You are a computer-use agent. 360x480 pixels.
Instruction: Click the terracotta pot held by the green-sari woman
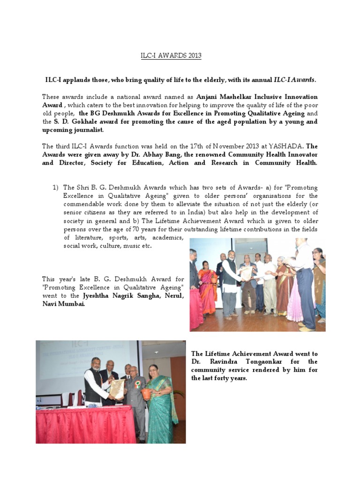click(147, 392)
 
